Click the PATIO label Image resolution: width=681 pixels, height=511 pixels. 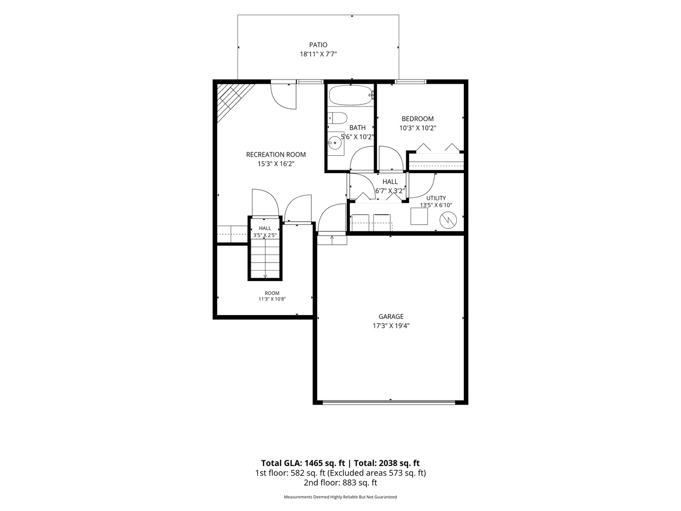tap(318, 45)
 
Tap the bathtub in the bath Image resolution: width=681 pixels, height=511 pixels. tap(350, 95)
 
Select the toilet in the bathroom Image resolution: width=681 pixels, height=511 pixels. tap(337, 118)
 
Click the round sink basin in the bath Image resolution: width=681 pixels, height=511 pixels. tap(335, 143)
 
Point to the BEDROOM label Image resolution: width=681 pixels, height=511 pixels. tap(418, 119)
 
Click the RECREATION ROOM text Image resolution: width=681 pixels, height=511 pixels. tap(276, 155)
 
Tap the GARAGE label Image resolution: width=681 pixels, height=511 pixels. tap(391, 317)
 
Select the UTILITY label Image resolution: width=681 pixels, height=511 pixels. tap(436, 198)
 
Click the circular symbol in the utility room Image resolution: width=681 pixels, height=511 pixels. tap(448, 220)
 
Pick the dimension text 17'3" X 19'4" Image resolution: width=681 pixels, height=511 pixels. tap(391, 326)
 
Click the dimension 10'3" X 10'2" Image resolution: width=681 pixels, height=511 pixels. tap(418, 128)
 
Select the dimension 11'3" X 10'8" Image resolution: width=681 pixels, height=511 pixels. tap(272, 299)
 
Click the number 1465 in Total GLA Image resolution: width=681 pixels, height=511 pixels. tap(314, 463)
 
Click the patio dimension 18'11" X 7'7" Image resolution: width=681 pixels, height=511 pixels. tap(318, 54)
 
